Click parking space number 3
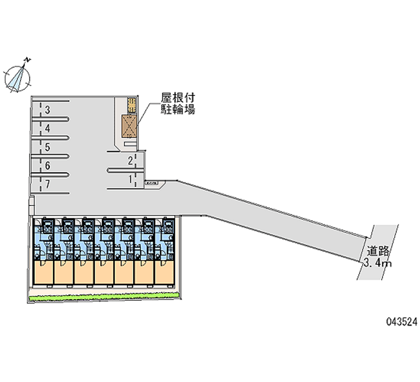(x=47, y=110)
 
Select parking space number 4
(x=47, y=128)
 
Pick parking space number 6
(x=47, y=166)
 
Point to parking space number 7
(x=47, y=184)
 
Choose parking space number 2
(x=129, y=161)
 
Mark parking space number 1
(x=129, y=179)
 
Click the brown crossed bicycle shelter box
(x=130, y=126)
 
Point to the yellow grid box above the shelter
(x=132, y=104)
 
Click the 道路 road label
(x=377, y=251)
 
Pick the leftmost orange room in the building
(x=44, y=273)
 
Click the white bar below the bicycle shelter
(x=130, y=143)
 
